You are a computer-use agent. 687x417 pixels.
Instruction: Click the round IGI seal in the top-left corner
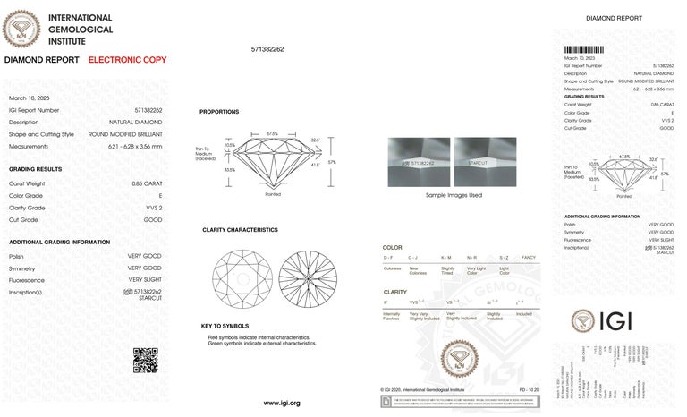21,29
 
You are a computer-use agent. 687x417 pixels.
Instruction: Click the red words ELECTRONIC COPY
127,59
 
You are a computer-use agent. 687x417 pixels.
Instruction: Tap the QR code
146,359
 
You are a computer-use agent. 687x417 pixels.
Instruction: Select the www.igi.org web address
281,403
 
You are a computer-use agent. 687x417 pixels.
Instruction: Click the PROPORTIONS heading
218,112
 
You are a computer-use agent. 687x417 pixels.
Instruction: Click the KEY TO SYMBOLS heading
225,326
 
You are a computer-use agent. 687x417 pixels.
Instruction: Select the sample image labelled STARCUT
485,162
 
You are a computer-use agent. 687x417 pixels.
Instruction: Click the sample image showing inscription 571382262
417,162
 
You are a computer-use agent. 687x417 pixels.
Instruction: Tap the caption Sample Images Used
454,194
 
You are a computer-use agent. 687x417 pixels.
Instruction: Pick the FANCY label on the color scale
528,258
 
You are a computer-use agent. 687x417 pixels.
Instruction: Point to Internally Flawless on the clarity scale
392,317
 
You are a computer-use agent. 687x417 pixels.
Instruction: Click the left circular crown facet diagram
242,279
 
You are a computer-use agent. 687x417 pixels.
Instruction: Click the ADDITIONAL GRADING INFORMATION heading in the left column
59,243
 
